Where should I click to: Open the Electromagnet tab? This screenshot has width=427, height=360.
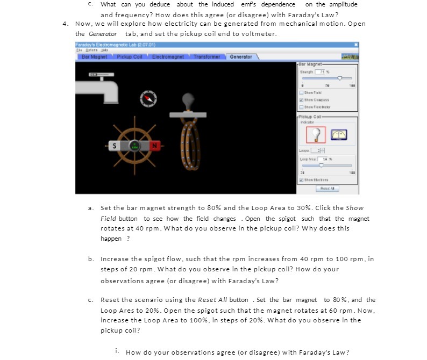point(168,56)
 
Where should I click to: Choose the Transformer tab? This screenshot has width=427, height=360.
point(207,56)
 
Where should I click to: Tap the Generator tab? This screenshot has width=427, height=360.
point(240,56)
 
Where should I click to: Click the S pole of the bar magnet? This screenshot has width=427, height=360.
point(113,146)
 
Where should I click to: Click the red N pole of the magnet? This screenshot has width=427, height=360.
point(153,146)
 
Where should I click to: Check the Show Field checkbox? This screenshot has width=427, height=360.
point(302,92)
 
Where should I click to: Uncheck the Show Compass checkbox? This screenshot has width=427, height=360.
point(302,99)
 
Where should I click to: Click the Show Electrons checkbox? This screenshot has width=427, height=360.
point(302,180)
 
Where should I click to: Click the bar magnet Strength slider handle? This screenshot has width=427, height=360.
point(340,78)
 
